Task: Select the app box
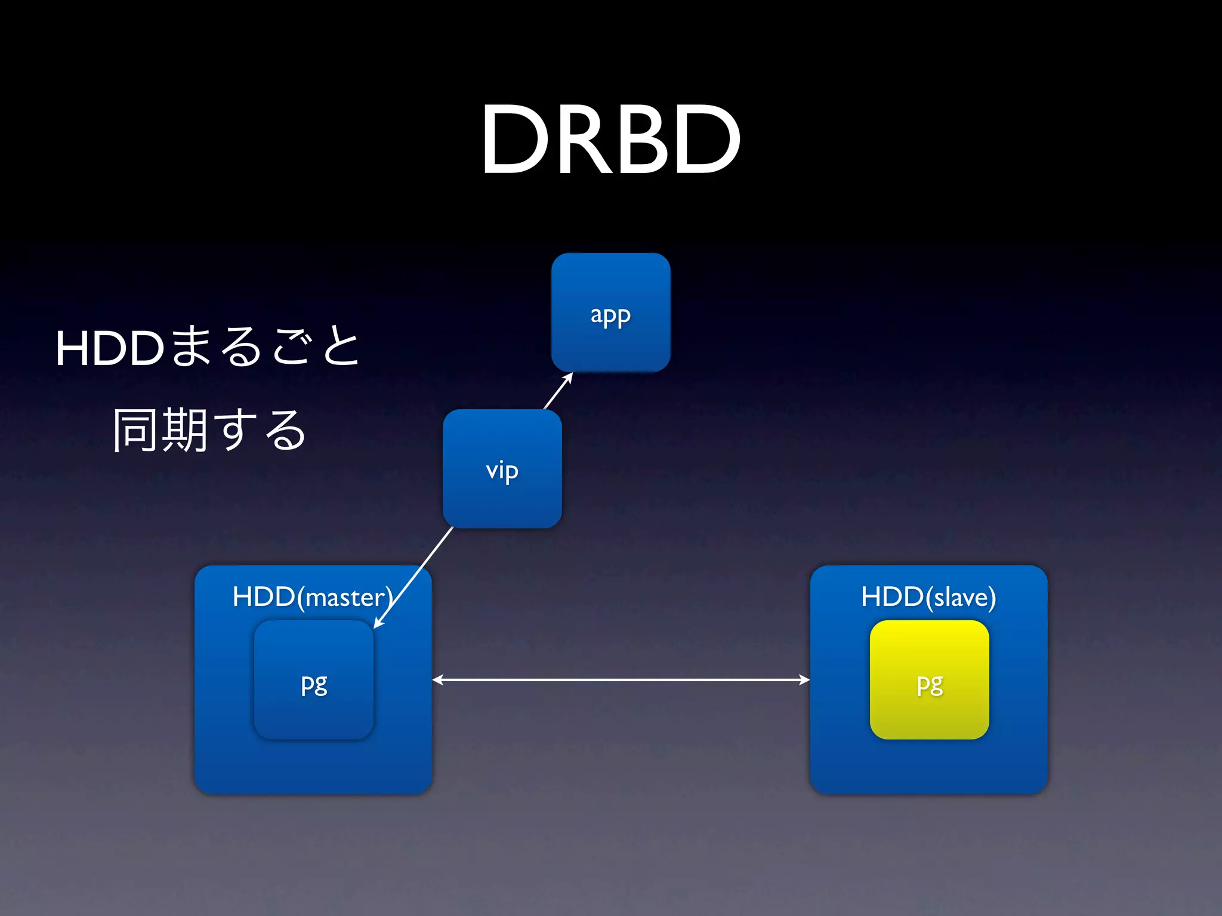click(610, 312)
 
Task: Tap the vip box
click(502, 469)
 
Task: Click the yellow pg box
click(929, 680)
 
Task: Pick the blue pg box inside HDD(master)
click(314, 680)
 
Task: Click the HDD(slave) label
click(928, 597)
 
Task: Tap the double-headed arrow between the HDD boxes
click(621, 680)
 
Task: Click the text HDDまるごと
click(207, 347)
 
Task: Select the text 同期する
click(209, 430)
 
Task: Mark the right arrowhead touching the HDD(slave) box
click(804, 680)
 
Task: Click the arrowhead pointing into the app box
click(569, 377)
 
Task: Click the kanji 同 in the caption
click(136, 430)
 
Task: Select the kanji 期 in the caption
click(184, 430)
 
